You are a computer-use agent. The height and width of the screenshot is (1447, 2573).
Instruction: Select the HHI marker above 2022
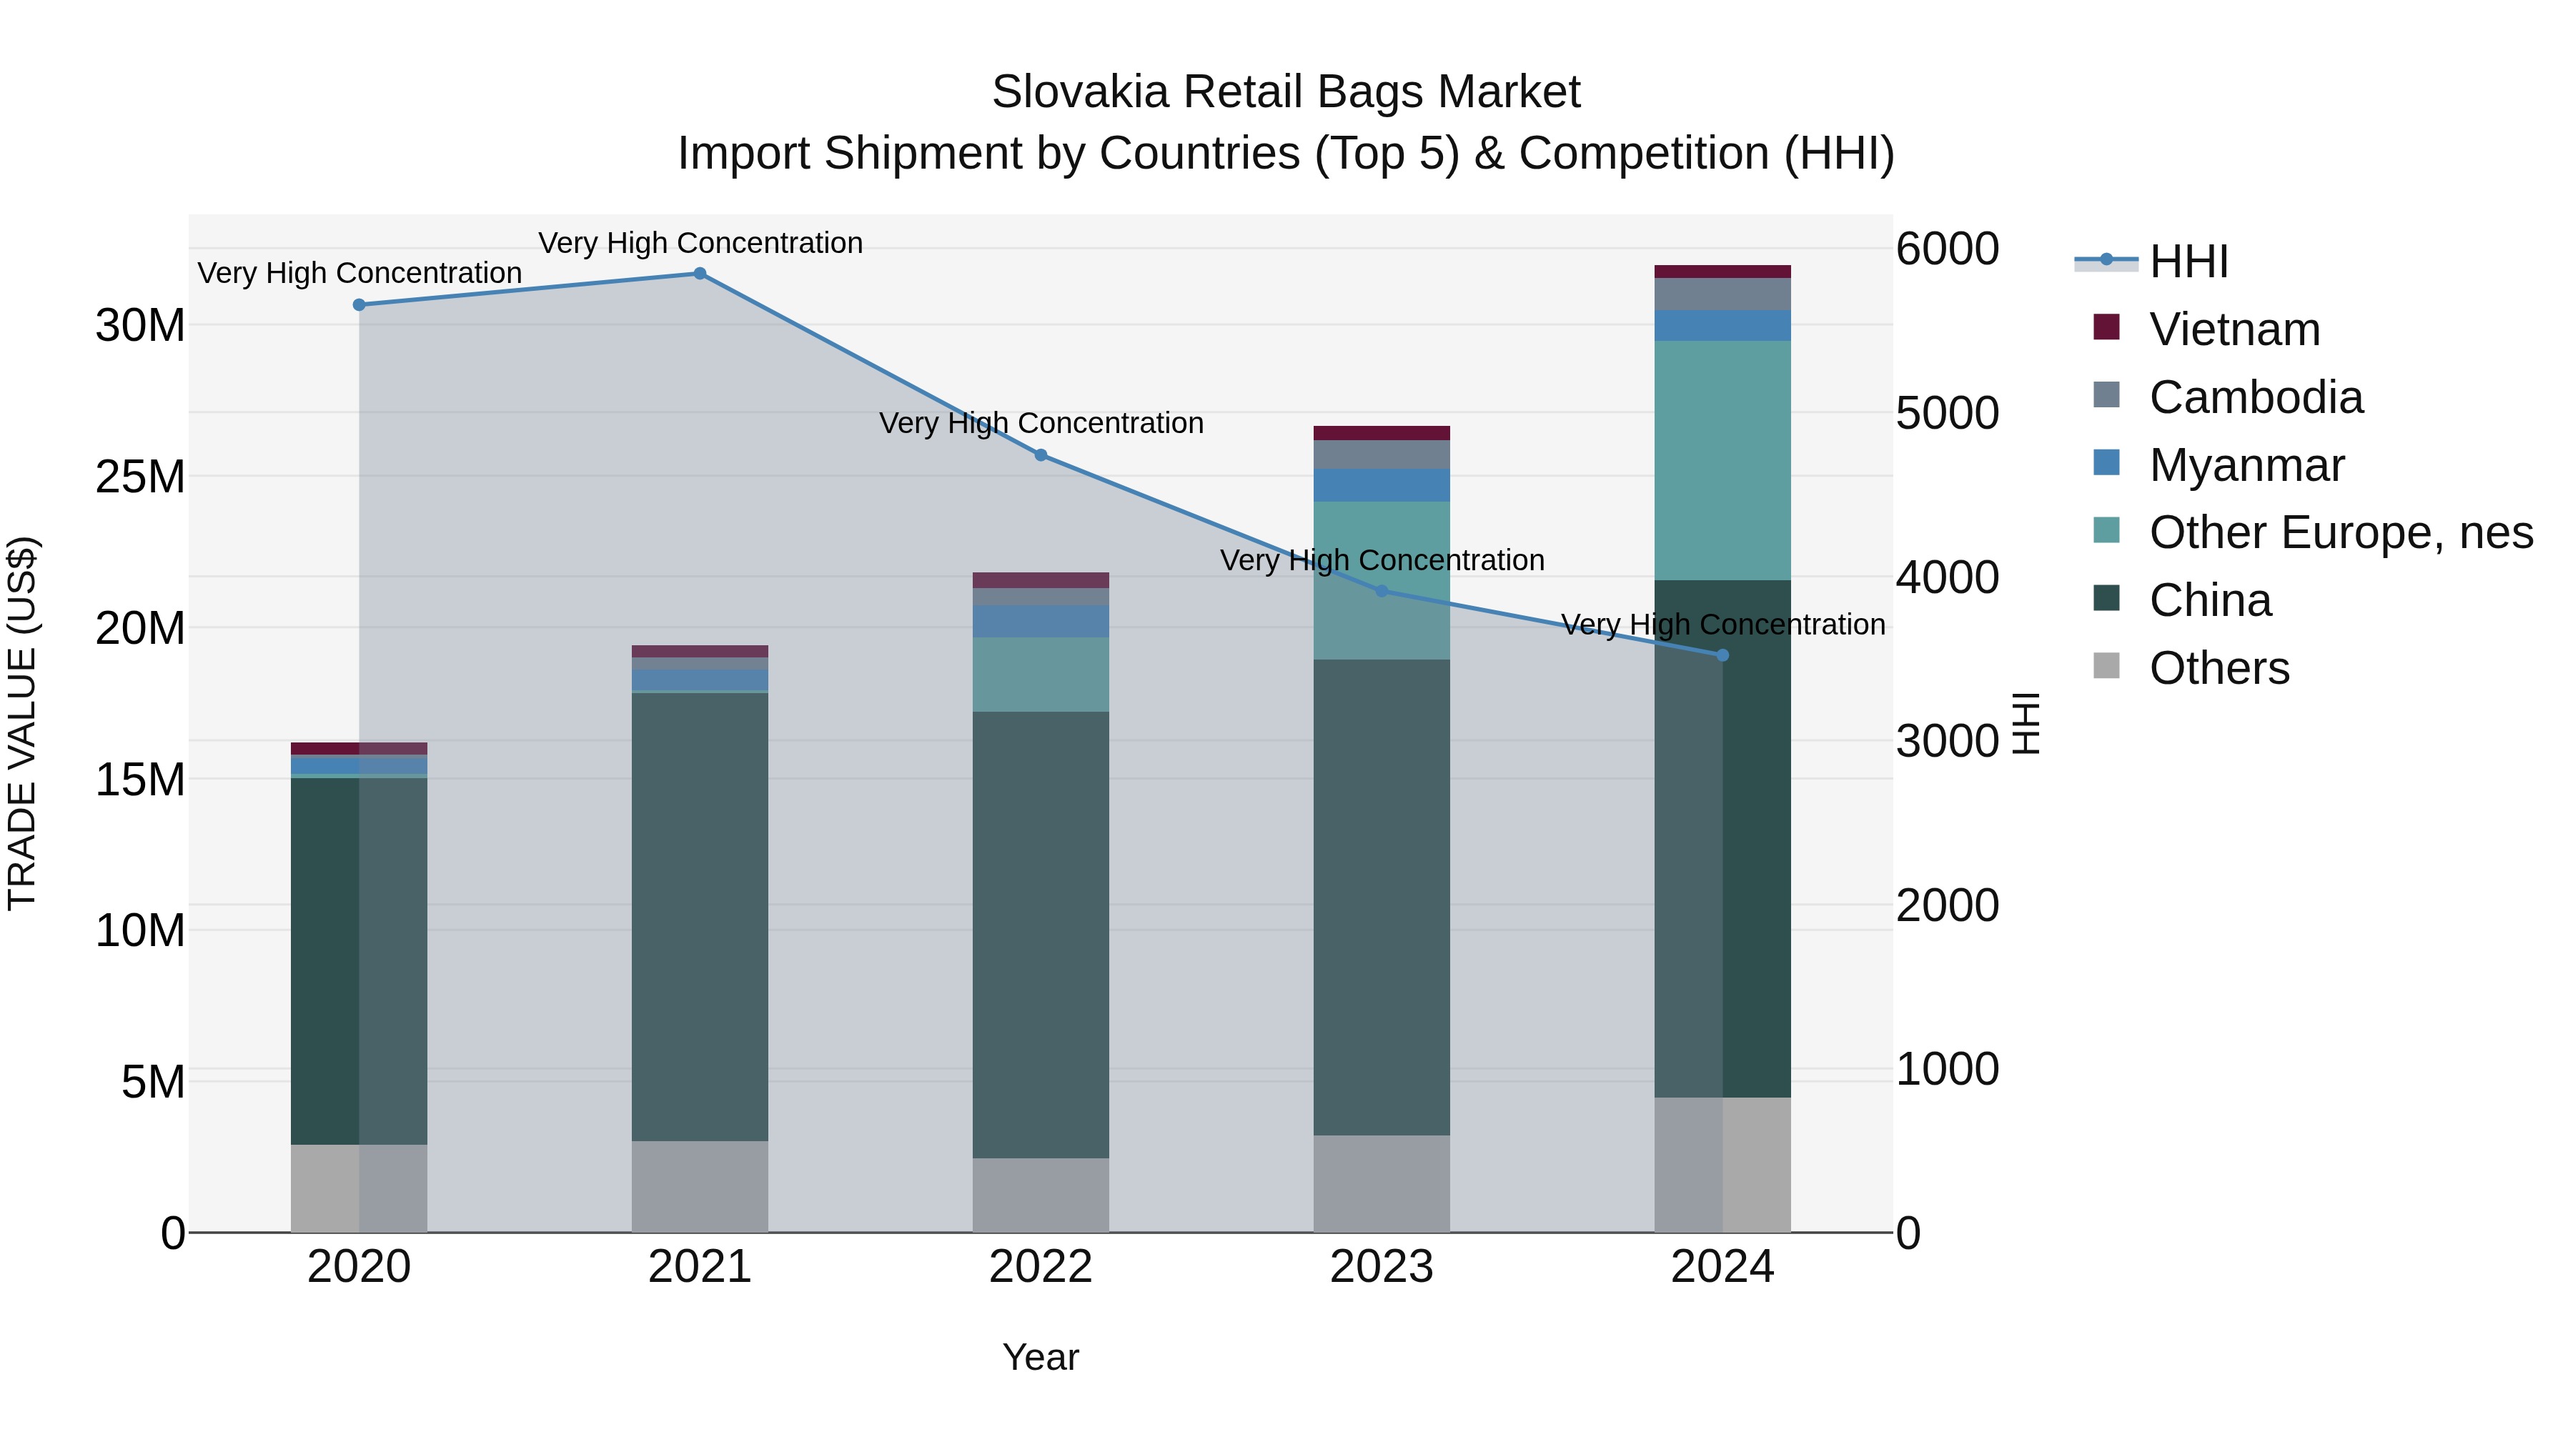point(1040,455)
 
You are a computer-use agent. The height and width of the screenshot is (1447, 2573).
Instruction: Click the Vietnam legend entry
point(2234,329)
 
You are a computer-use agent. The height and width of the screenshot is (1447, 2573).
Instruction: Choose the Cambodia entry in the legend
point(2256,397)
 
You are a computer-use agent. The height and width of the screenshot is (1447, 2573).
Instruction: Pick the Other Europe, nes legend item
point(2340,532)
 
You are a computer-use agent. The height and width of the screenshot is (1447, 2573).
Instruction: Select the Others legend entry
point(2218,668)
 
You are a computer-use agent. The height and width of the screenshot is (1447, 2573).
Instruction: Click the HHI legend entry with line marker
point(2188,262)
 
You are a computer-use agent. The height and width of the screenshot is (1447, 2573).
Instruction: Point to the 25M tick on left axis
point(140,477)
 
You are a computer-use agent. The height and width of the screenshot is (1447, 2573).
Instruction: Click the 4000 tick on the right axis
point(1947,577)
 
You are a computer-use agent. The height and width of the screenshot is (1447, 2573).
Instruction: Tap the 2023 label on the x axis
point(1382,1267)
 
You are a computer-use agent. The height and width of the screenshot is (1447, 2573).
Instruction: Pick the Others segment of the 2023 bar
point(1382,1183)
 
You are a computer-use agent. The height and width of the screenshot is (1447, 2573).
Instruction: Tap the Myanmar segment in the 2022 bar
point(1040,621)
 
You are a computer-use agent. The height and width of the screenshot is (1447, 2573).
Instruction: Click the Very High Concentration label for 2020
point(360,273)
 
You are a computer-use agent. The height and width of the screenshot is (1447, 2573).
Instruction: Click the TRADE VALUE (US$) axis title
point(22,723)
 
